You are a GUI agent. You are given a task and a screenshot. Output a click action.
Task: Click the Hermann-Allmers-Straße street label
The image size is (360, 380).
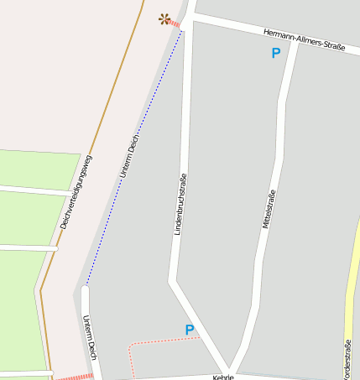point(304,40)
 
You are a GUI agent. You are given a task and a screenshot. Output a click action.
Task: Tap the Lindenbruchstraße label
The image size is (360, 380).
point(178,204)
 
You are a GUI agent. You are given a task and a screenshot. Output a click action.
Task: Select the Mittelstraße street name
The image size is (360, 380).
point(269,210)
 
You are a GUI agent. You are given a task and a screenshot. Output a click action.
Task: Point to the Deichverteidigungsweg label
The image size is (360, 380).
point(76,193)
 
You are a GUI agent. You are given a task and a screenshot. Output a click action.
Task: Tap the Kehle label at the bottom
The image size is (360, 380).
point(222,377)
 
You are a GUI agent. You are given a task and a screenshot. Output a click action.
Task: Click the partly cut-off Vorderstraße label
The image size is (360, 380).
point(347,357)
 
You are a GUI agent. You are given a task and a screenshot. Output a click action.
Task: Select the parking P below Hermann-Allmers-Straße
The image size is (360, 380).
point(275,54)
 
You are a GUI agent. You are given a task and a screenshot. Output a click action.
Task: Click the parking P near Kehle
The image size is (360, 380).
point(189,330)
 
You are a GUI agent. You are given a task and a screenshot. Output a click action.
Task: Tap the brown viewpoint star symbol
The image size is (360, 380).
point(164,18)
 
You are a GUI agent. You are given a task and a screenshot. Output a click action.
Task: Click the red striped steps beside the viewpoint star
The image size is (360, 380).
point(174,25)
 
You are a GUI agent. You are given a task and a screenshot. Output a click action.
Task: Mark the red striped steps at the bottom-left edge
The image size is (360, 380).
point(75,377)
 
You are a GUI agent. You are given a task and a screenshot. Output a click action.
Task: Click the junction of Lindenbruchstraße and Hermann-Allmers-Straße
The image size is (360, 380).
point(190,17)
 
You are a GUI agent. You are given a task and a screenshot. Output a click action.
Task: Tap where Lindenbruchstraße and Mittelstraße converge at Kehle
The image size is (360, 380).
point(228,370)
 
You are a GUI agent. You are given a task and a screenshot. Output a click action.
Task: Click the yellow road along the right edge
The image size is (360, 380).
point(352,277)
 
